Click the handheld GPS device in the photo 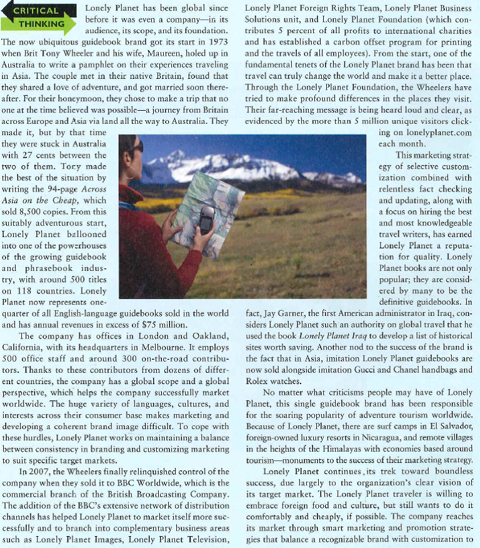(x=206, y=220)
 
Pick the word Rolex (x=257, y=381)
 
